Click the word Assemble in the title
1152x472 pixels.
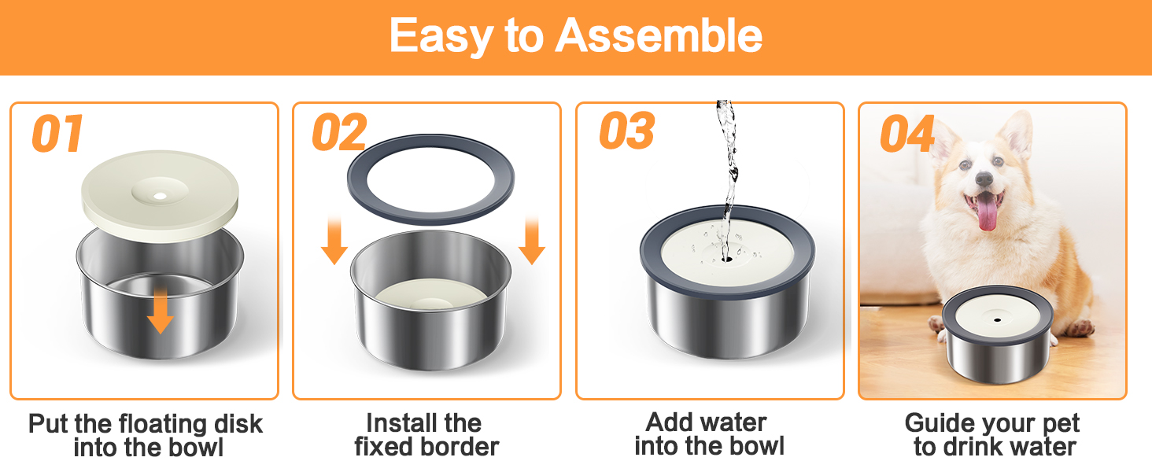[659, 35]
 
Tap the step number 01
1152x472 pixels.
[57, 134]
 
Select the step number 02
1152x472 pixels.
[339, 132]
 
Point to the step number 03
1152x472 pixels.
[627, 131]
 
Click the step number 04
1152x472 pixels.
[907, 134]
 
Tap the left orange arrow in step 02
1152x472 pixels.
[334, 241]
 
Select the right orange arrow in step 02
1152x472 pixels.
[532, 241]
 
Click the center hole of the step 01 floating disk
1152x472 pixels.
[160, 196]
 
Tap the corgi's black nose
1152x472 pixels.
[984, 179]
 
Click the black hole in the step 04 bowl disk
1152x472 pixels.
[998, 320]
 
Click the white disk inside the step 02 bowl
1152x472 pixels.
[431, 295]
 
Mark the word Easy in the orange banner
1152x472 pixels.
[440, 37]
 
